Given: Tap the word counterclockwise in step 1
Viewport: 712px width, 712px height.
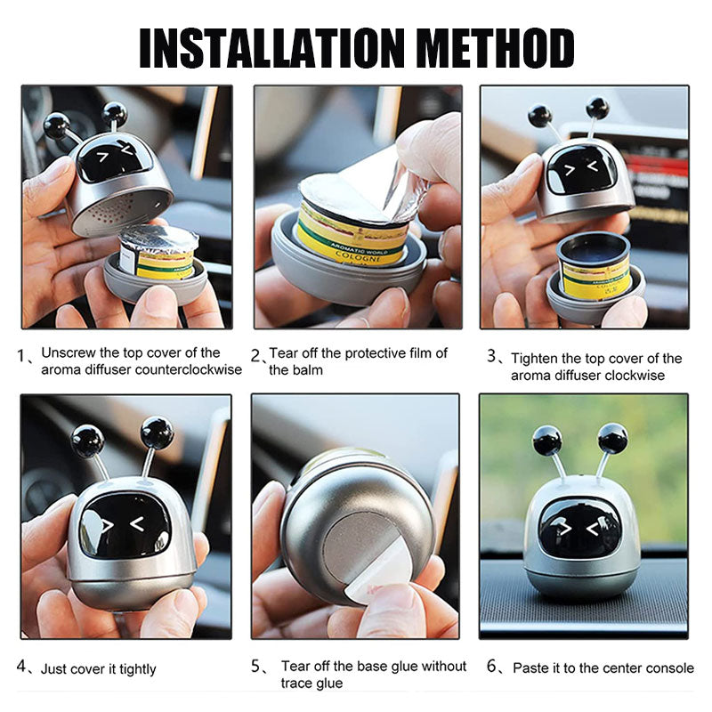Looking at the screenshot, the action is coord(189,369).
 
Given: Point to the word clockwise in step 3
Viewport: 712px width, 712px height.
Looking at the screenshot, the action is coord(635,376).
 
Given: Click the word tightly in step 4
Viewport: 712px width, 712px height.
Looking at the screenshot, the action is coord(138,669).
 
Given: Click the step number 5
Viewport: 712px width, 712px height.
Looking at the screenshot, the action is coord(256,666).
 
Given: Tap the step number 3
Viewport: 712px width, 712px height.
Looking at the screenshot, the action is coord(492,356).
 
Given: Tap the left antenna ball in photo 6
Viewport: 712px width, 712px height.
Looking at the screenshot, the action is coord(547,441).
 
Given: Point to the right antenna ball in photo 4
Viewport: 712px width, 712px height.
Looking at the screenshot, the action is coord(158,432).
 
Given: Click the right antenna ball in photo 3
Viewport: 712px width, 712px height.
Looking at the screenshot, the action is coord(597,108).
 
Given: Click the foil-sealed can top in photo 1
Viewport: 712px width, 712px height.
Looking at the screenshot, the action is coord(159,239).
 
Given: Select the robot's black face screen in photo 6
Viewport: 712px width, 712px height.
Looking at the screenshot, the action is coord(579,527).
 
